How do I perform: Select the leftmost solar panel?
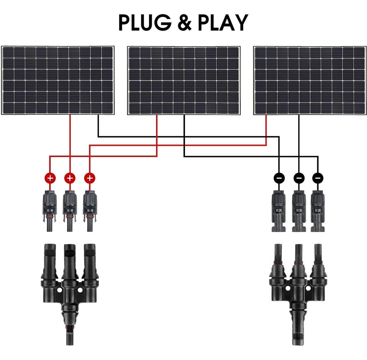point(58,80)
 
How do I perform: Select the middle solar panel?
point(184,81)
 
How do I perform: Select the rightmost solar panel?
point(310,81)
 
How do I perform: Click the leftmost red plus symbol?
point(50,178)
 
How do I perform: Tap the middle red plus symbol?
point(70,178)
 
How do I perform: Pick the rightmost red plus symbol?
point(89,178)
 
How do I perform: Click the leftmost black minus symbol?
point(279,178)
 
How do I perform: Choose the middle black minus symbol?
point(299,178)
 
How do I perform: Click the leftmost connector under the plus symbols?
point(50,210)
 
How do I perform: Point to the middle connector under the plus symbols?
point(70,210)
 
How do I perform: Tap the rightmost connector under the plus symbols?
point(89,210)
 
